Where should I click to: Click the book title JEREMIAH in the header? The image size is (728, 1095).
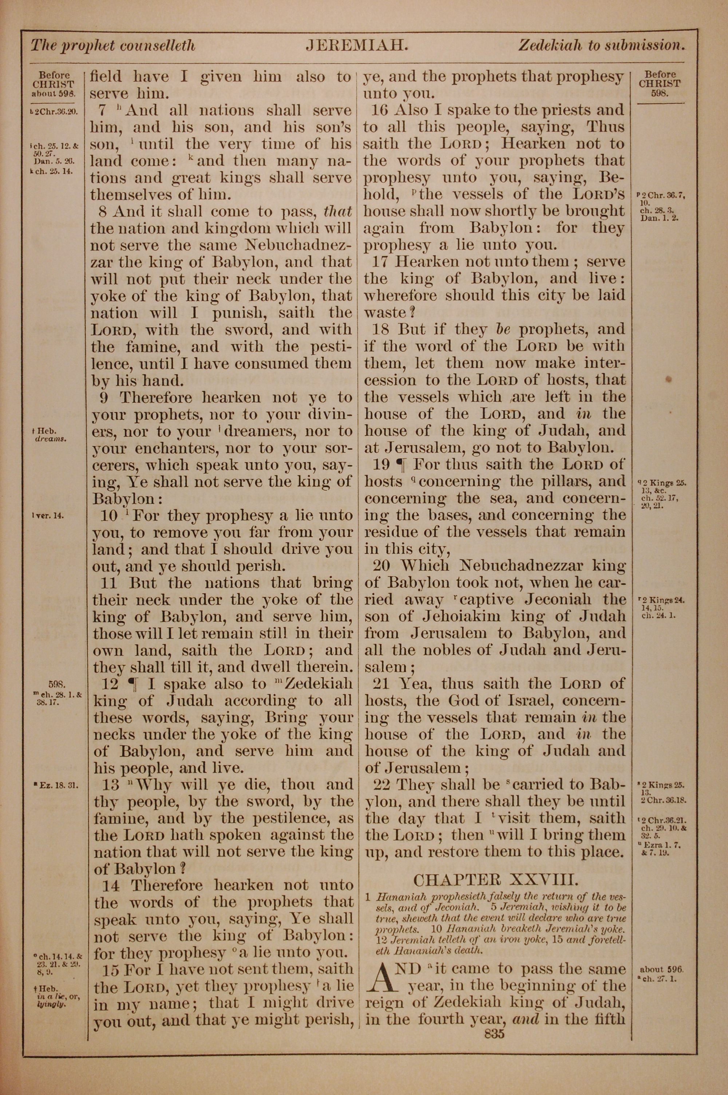pyautogui.click(x=357, y=46)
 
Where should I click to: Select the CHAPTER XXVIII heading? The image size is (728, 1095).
pyautogui.click(x=495, y=879)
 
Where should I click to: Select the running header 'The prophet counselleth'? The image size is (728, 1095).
pyautogui.click(x=113, y=46)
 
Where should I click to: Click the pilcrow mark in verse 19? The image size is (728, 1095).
pyautogui.click(x=399, y=465)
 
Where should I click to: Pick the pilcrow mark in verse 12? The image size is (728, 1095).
pyautogui.click(x=133, y=684)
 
